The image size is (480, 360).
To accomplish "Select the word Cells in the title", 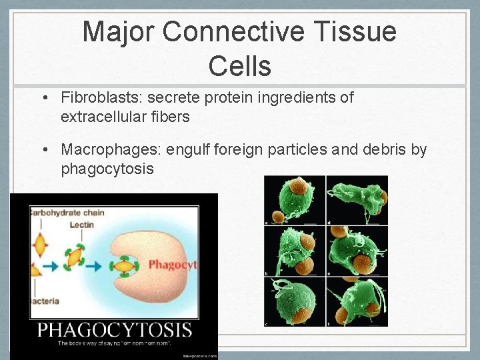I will tap(239, 66).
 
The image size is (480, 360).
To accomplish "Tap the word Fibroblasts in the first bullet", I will tap(99, 98).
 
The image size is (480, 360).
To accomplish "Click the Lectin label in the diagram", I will tap(81, 225).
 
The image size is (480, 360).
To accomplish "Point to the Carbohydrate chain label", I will tap(67, 213).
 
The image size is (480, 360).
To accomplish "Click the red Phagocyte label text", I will tap(173, 265).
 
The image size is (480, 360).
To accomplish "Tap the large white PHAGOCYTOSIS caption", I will tap(115, 330).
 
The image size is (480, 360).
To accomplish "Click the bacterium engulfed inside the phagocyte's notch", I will tap(125, 267).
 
